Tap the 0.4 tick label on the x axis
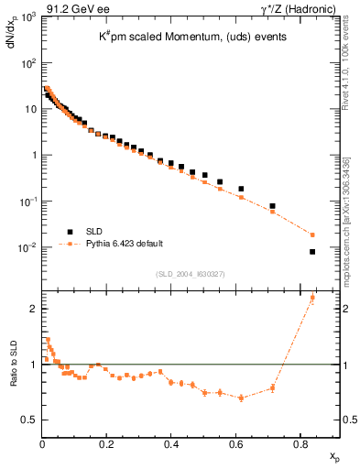point(171,444)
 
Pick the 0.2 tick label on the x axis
point(107,444)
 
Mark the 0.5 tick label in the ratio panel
point(28,420)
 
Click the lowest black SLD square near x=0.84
point(312,252)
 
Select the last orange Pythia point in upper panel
point(312,234)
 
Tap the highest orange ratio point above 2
point(312,298)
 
